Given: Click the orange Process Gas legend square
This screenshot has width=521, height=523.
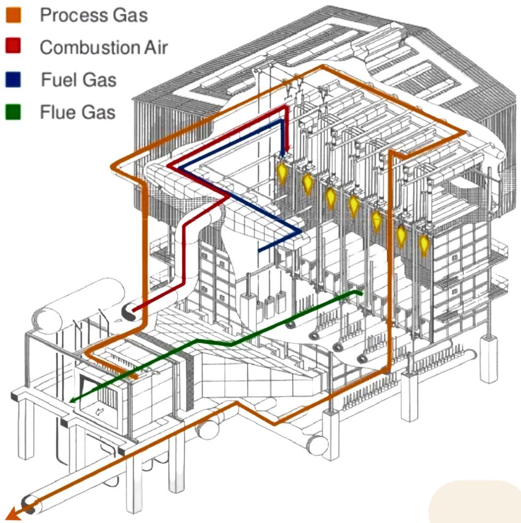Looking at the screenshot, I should (x=14, y=15).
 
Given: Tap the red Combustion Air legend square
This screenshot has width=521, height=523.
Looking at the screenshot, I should (x=14, y=47).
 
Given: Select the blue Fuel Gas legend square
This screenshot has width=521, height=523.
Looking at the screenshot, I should (x=14, y=80).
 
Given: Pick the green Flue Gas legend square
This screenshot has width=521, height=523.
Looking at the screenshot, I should (x=14, y=112).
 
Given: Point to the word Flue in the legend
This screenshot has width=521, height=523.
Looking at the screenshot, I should (x=57, y=112).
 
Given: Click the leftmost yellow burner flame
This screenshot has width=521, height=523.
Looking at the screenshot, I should (x=282, y=172).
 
